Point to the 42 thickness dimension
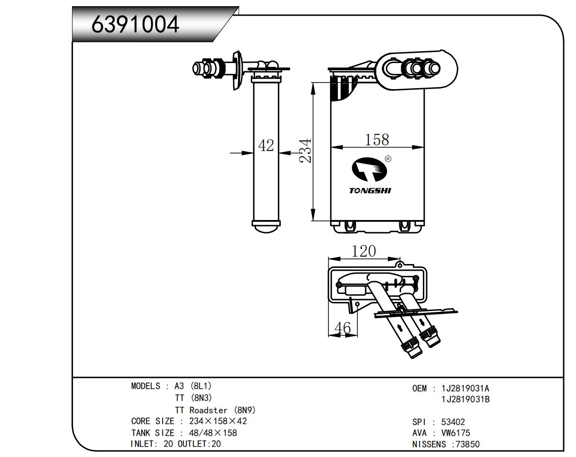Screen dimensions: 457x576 tap(266, 146)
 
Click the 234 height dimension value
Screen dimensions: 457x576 tap(306, 151)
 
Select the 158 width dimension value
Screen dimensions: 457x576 tap(377, 139)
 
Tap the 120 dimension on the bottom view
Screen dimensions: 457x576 tap(364, 251)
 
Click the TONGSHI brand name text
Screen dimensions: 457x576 tap(370, 191)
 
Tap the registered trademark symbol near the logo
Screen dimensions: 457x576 tap(388, 159)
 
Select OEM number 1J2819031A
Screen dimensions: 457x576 tap(465, 389)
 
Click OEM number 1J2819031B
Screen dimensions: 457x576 tap(465, 400)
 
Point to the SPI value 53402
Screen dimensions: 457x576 tap(453, 422)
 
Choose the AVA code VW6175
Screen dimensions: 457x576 tap(456, 433)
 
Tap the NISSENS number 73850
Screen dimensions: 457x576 tap(467, 444)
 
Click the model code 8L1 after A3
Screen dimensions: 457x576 tap(200, 386)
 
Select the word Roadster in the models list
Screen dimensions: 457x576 tap(208, 410)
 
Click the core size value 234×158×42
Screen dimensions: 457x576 tap(218, 421)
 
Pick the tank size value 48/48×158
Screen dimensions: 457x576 tap(213, 433)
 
